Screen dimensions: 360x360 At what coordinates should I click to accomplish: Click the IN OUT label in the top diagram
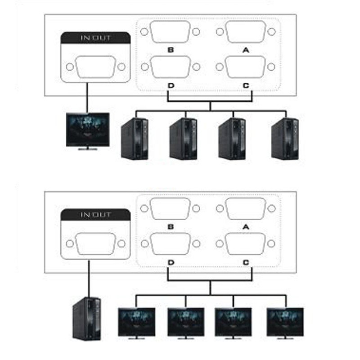95,38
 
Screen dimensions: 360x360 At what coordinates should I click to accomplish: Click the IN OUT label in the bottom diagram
95,215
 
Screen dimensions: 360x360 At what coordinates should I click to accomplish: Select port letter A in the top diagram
245,50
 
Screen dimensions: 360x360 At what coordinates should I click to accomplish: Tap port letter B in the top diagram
171,50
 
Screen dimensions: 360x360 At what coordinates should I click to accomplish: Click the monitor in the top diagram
88,130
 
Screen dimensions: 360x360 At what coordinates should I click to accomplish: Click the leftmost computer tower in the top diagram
135,138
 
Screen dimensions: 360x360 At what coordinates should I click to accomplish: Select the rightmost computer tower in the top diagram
285,138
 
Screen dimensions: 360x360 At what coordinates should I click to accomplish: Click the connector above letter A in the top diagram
245,32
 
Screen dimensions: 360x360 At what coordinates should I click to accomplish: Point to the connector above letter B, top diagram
170,32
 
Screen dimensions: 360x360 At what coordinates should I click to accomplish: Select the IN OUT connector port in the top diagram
95,67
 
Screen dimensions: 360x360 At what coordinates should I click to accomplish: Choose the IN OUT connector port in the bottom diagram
95,244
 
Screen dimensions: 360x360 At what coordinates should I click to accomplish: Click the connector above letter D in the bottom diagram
170,244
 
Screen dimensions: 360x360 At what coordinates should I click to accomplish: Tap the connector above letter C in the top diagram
245,67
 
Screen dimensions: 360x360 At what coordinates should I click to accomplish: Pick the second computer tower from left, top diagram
183,138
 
